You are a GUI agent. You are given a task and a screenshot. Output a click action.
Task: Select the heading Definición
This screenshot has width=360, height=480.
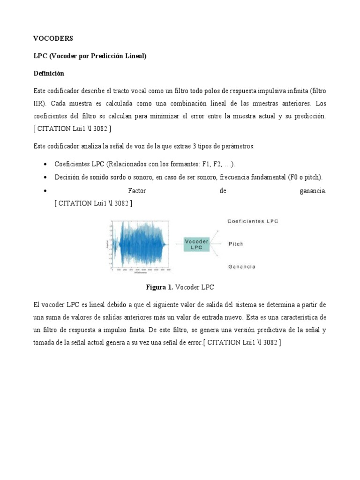(x=49, y=74)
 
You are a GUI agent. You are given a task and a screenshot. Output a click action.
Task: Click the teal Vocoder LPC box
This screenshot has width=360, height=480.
(x=197, y=244)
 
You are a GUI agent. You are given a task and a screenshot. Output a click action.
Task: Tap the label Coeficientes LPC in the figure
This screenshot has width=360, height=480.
(x=253, y=221)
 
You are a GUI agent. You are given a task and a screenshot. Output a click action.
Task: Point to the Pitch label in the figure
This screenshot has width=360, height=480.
(x=236, y=244)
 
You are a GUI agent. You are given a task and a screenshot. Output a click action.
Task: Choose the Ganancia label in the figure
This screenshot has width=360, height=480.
(x=242, y=266)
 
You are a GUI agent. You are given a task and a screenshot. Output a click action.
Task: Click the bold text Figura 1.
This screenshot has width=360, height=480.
(x=159, y=287)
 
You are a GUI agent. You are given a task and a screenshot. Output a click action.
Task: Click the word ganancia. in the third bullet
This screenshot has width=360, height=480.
(x=312, y=191)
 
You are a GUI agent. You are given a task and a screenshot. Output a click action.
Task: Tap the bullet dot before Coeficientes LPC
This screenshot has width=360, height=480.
(x=45, y=164)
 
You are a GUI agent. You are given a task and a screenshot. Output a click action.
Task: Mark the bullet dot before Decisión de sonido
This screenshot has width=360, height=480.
(x=45, y=177)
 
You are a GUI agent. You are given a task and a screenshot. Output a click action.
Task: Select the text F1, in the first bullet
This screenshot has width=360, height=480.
(x=207, y=164)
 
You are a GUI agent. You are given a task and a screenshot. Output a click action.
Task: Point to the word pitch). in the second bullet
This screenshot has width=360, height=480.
(x=312, y=177)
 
